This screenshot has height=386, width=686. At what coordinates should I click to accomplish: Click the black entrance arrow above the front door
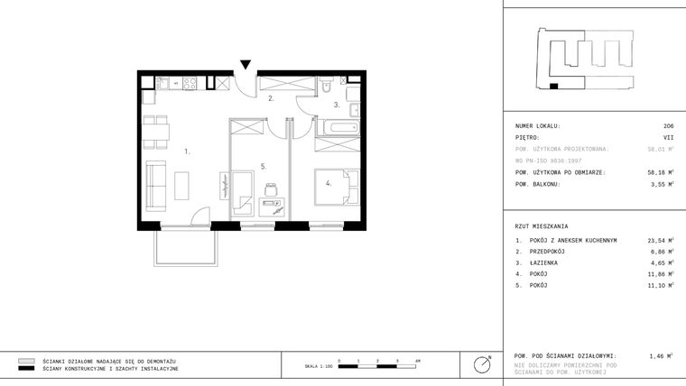[x=246, y=64]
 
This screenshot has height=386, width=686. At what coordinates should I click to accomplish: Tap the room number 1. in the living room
[x=187, y=152]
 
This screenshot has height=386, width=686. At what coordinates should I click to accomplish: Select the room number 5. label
[x=263, y=166]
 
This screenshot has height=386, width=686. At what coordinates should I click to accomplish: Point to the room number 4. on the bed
[x=329, y=183]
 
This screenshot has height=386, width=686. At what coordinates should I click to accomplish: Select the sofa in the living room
[x=154, y=183]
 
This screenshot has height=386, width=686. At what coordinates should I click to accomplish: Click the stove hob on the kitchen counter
[x=190, y=84]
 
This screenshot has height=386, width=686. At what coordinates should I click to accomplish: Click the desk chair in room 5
[x=271, y=188]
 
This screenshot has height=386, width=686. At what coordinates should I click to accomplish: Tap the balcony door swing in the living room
[x=202, y=217]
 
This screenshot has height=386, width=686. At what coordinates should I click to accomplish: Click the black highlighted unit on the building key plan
[x=554, y=87]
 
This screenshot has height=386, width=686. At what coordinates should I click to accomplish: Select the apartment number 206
[x=668, y=126]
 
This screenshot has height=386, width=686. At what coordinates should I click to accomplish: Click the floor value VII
[x=668, y=138]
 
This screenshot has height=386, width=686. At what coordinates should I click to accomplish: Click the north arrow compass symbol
[x=483, y=364]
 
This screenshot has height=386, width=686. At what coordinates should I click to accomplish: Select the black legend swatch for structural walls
[x=26, y=369]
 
